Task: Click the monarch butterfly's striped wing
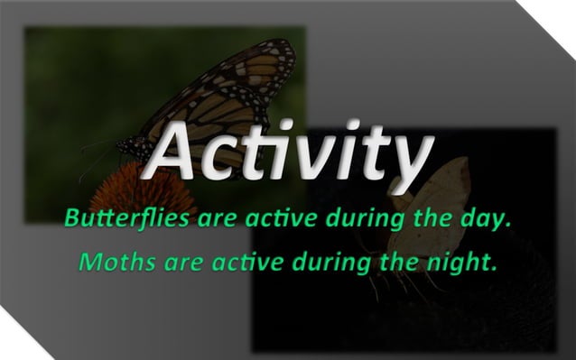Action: tap(226, 90)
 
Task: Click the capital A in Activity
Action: tap(175, 152)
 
